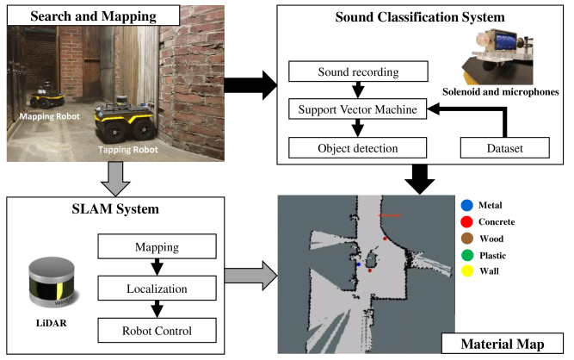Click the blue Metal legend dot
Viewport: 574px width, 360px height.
coord(467,206)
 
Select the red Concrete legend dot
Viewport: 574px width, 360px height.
coord(467,221)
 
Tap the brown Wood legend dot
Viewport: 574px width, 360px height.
coord(467,238)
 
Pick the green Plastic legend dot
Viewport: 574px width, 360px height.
coord(467,253)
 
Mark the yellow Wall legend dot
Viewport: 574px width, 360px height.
coord(467,270)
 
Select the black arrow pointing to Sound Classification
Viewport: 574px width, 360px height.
coord(250,84)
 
